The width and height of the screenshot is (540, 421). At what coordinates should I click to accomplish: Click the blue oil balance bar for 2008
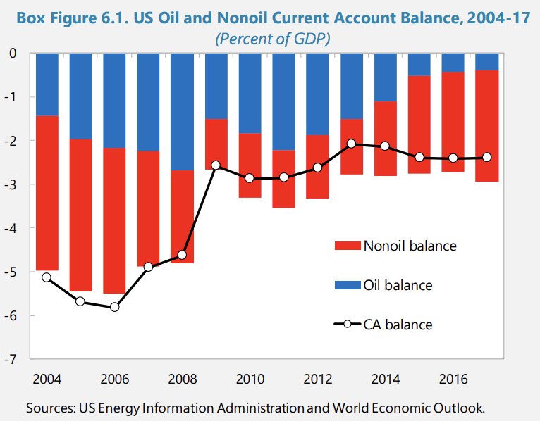(182, 111)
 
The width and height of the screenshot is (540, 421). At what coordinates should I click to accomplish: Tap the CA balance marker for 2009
(216, 165)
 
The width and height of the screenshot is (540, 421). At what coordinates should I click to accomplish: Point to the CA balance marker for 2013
(351, 144)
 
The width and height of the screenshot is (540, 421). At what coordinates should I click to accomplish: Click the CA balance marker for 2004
(47, 277)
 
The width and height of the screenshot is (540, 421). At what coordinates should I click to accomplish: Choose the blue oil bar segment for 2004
(47, 84)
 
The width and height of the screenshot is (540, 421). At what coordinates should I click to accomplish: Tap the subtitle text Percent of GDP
(271, 40)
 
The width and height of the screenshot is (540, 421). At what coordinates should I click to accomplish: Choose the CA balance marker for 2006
(114, 307)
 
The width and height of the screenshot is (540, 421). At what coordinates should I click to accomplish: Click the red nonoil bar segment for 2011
(283, 179)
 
